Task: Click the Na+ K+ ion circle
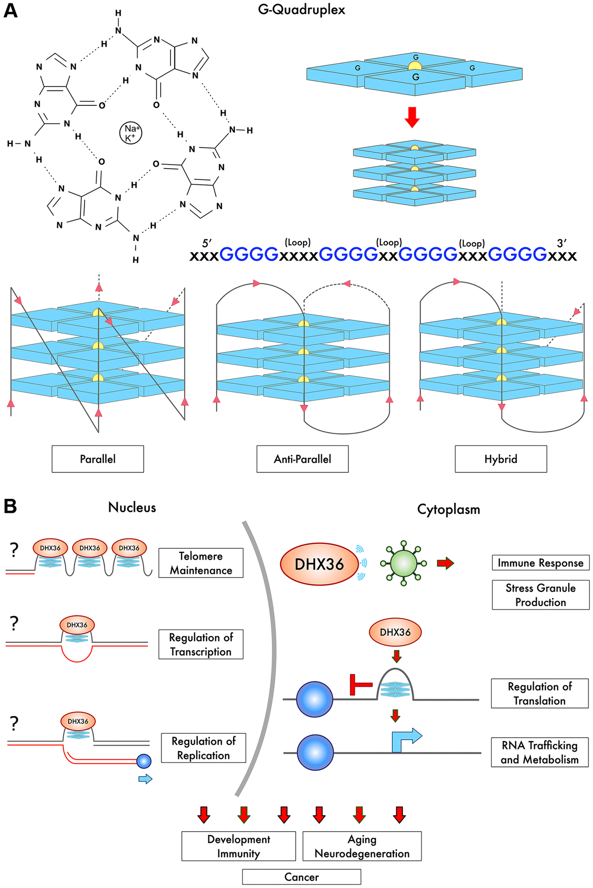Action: pos(131,133)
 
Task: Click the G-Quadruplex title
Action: pos(301,10)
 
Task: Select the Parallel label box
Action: pos(98,459)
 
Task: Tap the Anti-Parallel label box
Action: pos(302,459)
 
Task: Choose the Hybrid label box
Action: pos(501,459)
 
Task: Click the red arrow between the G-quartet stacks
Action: pos(412,117)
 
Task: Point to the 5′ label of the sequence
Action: pos(207,243)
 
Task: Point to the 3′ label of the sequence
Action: pos(561,243)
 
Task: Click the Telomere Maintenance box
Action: pos(201,563)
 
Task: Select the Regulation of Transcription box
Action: pos(201,644)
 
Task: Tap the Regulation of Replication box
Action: pos(203,748)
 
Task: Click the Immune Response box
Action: pos(540,563)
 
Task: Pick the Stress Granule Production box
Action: pos(540,595)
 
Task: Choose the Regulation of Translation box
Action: pos(540,693)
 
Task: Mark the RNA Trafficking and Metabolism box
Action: pos(540,752)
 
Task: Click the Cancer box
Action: pos(301,877)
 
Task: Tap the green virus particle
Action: pos(404,563)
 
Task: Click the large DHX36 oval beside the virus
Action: pos(319,564)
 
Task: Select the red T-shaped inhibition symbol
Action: pos(360,685)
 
